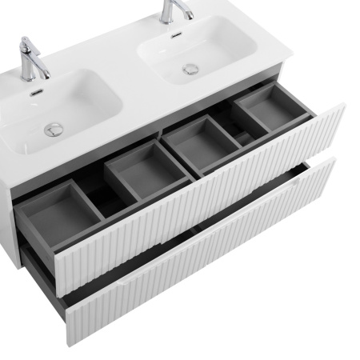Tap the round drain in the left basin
click(54, 126)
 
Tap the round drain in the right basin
click(190, 69)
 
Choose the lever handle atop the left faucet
click(25, 42)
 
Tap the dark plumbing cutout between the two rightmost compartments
click(232, 128)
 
